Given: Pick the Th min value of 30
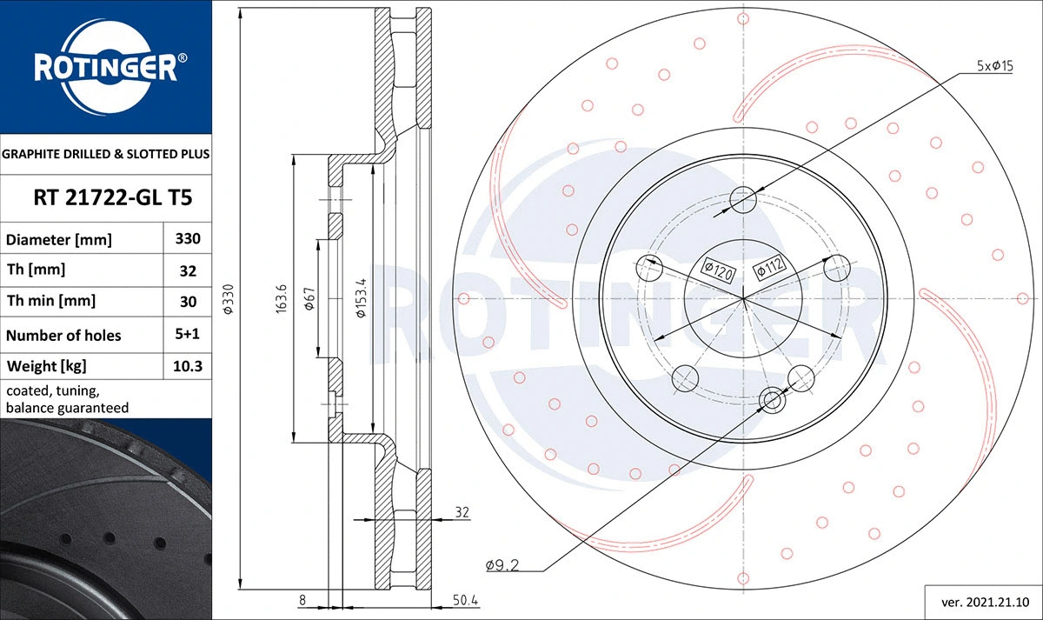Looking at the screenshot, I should (x=188, y=301).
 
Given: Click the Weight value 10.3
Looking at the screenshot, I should (x=188, y=366).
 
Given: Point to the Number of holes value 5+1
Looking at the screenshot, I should (x=188, y=335).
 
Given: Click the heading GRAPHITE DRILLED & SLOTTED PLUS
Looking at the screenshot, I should (x=106, y=154).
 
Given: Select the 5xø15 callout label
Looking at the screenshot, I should (x=995, y=66).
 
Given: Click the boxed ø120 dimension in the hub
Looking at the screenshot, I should (x=719, y=270).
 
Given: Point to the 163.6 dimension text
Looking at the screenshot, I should (x=281, y=298).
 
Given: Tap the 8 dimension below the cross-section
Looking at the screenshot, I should (x=302, y=600).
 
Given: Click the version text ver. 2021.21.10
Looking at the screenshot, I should (x=984, y=601).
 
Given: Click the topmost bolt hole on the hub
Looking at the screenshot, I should (x=743, y=200).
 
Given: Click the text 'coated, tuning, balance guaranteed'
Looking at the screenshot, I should (x=68, y=399).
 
